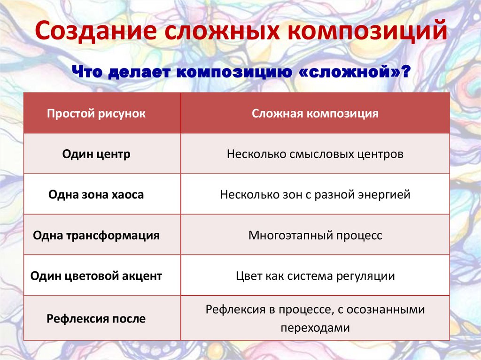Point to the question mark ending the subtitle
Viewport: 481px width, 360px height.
point(405,73)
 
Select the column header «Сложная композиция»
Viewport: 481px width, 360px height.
point(315,114)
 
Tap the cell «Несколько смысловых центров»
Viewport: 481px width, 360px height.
point(315,154)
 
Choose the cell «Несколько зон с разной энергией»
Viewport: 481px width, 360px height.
point(315,195)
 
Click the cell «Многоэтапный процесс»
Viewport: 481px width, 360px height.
point(315,235)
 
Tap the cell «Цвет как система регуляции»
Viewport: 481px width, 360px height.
point(315,276)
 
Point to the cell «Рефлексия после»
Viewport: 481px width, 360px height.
point(96,319)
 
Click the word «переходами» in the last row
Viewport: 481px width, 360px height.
point(315,328)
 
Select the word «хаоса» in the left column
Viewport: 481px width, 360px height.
point(127,195)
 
